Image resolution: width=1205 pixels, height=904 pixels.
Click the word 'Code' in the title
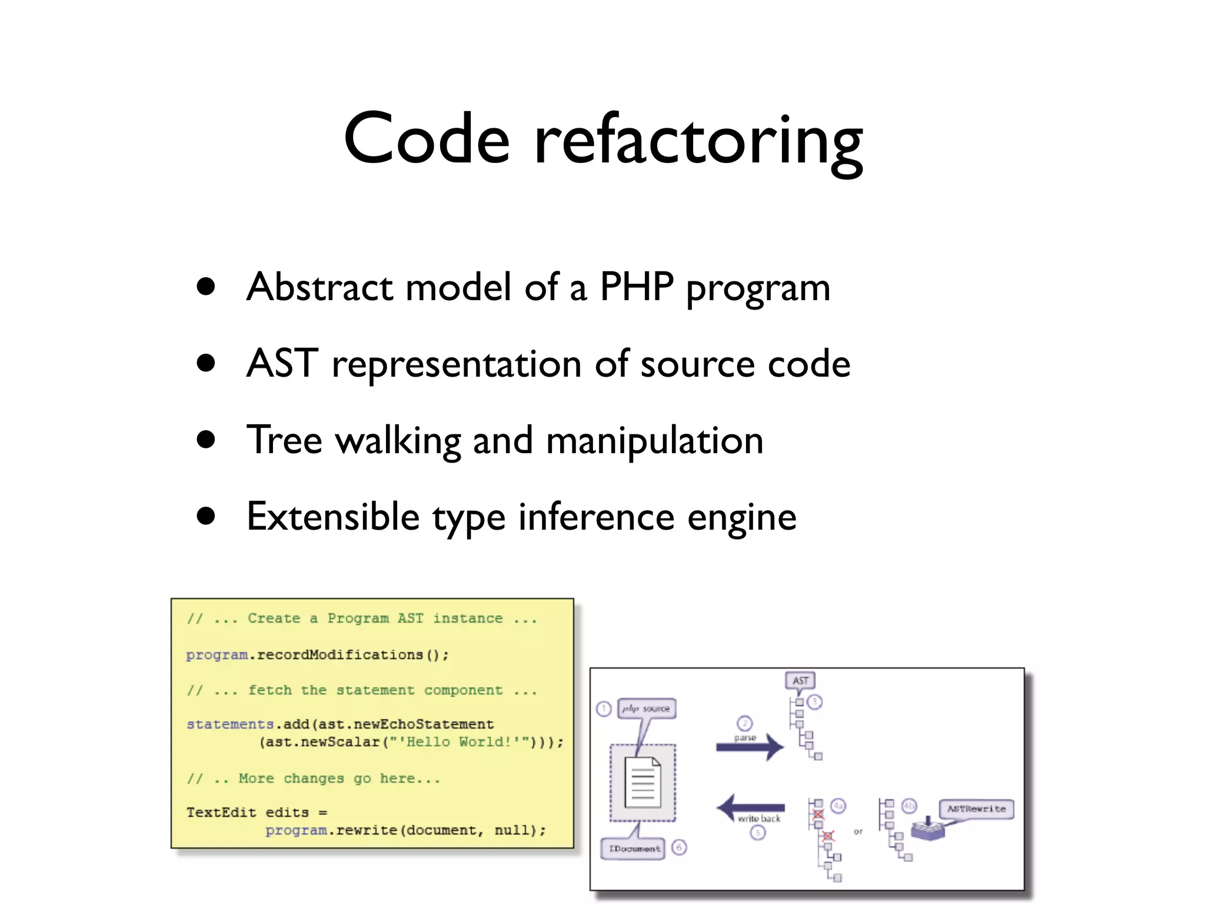coord(426,139)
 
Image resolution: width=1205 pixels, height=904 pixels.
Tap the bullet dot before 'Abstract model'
coord(206,287)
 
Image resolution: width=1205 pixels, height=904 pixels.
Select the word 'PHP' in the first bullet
coord(636,287)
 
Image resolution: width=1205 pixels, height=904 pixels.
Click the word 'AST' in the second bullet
coord(282,363)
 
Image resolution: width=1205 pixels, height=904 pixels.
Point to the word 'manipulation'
coord(654,440)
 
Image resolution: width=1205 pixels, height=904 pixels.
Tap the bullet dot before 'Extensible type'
coord(206,516)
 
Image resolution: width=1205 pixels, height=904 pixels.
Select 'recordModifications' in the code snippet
coord(340,654)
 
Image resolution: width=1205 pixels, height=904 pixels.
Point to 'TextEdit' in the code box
coord(221,812)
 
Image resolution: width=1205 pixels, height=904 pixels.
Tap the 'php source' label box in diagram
coord(646,709)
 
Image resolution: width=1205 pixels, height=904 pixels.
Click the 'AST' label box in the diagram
coord(800,680)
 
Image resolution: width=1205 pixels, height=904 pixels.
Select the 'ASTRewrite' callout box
coord(976,809)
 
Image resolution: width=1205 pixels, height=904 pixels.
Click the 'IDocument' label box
coord(634,848)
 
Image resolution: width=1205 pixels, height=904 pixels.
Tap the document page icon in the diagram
coord(643,783)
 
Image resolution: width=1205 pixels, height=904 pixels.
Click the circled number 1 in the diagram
coord(604,709)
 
